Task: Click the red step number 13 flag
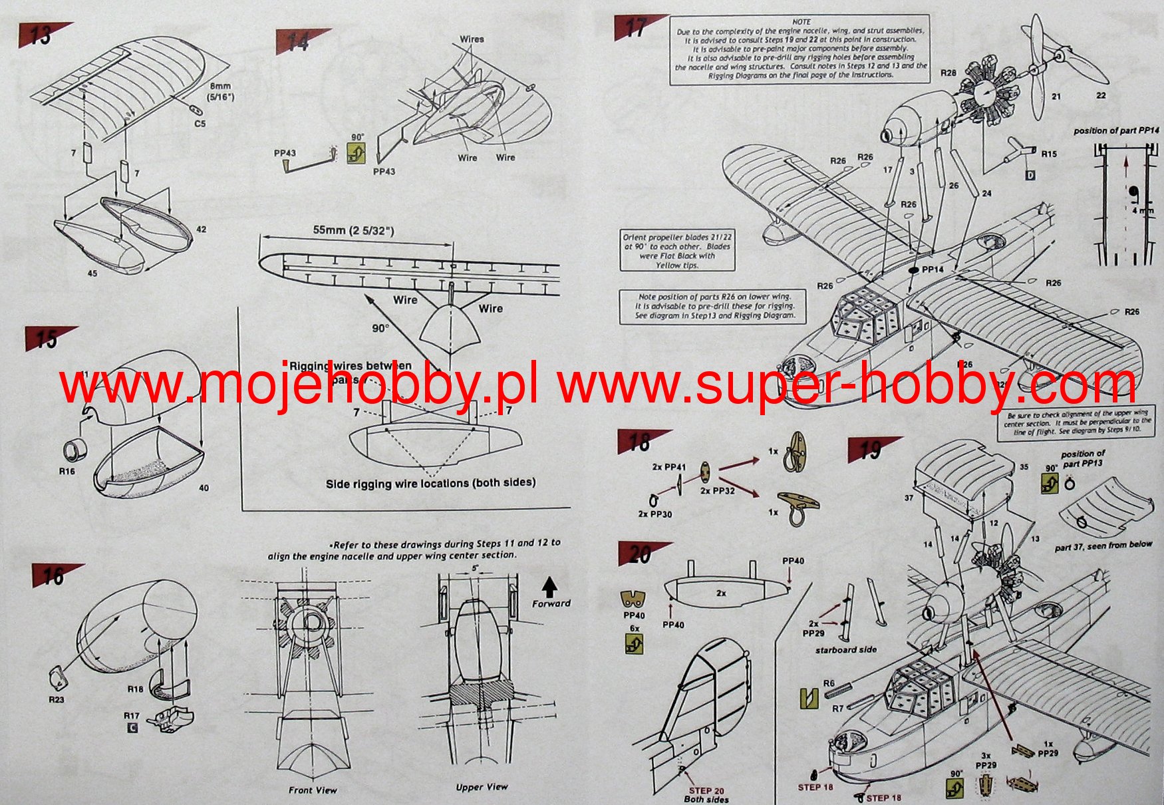pos(42,35)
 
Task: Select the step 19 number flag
pos(871,450)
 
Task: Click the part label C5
pos(200,124)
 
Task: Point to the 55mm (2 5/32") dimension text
pos(353,231)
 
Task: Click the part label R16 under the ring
pos(67,471)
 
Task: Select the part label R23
pos(56,699)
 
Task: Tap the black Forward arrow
pos(549,587)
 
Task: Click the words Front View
pos(313,790)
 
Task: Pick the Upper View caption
pos(482,787)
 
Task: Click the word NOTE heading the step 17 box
pos(801,22)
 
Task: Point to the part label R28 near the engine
pos(948,73)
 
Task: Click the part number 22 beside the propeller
pos(1101,96)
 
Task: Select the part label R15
pos(1048,154)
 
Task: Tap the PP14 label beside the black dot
pos(933,269)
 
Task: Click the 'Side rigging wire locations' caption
pos(430,483)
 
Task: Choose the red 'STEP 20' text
pos(706,791)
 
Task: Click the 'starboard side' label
pos(845,649)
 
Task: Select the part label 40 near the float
pos(204,488)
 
